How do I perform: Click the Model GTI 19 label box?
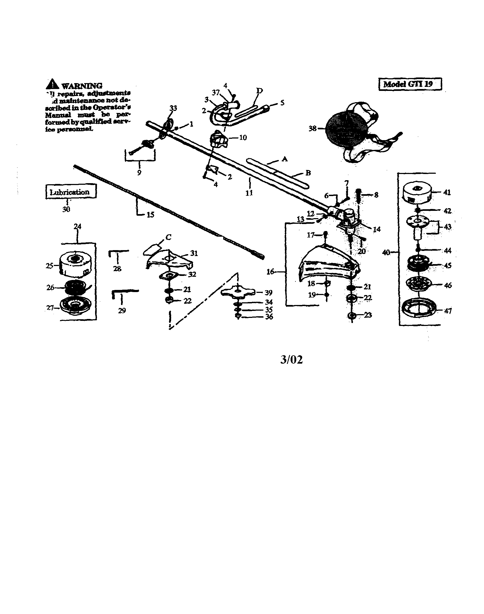click(410, 84)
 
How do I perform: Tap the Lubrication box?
click(71, 192)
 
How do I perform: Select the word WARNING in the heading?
click(82, 86)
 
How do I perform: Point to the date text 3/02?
click(291, 360)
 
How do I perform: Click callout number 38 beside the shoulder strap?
click(312, 129)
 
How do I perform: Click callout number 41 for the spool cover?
click(447, 192)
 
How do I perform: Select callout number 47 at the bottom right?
click(448, 311)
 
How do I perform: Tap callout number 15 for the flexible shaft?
click(150, 215)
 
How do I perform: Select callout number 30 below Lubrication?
click(66, 210)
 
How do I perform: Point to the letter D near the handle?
click(259, 91)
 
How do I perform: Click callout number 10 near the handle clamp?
click(243, 138)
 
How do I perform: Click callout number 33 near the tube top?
click(173, 108)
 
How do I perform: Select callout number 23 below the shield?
click(367, 315)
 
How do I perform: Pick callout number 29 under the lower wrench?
click(122, 310)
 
